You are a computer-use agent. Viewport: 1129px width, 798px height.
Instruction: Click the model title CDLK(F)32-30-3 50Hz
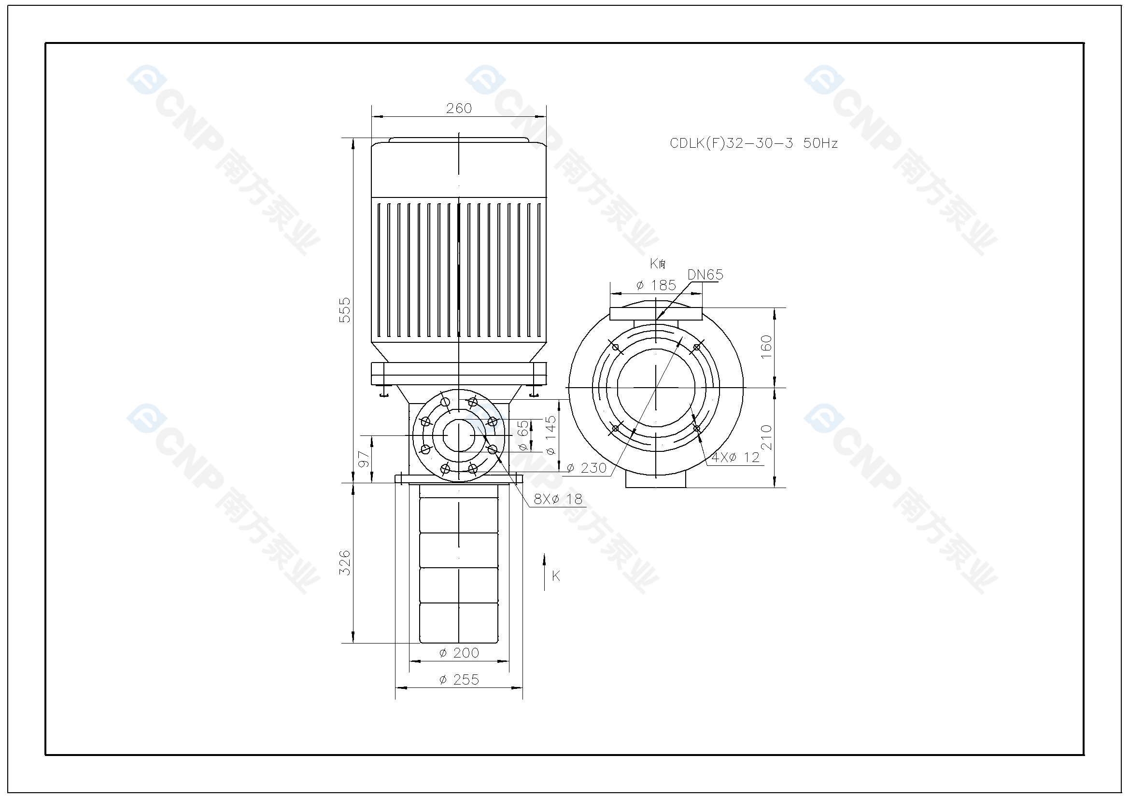click(x=754, y=143)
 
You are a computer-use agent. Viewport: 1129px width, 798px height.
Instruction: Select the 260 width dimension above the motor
click(x=459, y=108)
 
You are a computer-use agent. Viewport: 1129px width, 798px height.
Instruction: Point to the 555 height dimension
click(x=345, y=310)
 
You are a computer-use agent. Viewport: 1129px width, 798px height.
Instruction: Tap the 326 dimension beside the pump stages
click(x=345, y=562)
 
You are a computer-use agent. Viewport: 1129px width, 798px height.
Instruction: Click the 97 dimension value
click(x=364, y=459)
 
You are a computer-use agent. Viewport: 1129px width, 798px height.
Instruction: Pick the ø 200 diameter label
click(x=459, y=653)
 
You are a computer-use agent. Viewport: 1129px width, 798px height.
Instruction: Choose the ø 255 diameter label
click(x=459, y=680)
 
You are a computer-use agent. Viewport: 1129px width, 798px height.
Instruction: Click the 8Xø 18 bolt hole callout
click(x=558, y=499)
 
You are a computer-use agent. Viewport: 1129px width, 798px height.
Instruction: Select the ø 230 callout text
click(x=587, y=468)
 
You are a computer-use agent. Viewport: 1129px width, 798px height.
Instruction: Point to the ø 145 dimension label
click(x=550, y=435)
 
